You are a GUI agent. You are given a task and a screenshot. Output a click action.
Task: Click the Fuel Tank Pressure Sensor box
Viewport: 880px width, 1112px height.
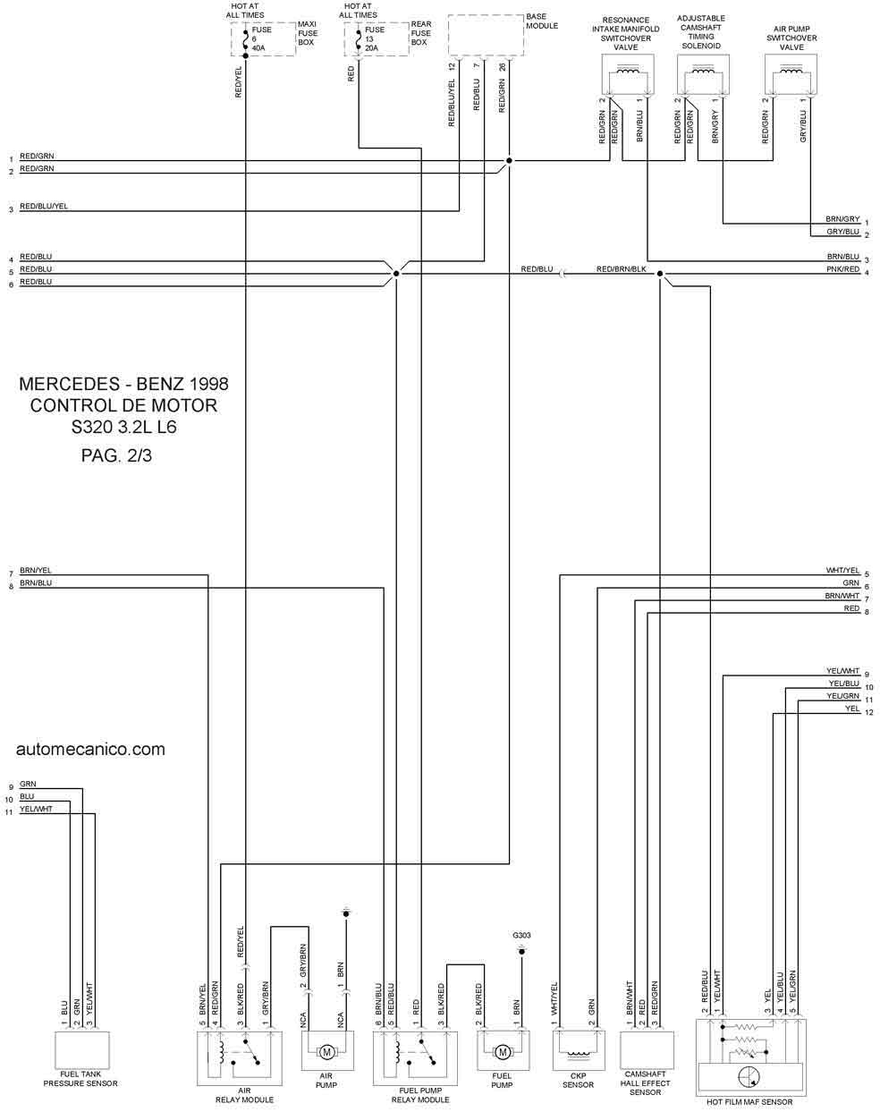pyautogui.click(x=81, y=1050)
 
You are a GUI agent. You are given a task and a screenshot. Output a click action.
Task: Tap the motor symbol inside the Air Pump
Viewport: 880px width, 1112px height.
pyautogui.click(x=326, y=1051)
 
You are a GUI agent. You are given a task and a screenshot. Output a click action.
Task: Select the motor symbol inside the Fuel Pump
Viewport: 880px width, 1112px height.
pyautogui.click(x=503, y=1051)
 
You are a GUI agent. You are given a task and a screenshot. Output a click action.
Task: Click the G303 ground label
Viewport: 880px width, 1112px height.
pyautogui.click(x=521, y=935)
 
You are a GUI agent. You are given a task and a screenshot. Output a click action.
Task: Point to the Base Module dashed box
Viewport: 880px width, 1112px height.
pyautogui.click(x=486, y=35)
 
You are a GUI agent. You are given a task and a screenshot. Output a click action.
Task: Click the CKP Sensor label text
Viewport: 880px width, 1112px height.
pyautogui.click(x=578, y=1080)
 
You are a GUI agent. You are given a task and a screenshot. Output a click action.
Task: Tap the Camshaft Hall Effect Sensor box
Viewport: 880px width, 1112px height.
pyautogui.click(x=647, y=1050)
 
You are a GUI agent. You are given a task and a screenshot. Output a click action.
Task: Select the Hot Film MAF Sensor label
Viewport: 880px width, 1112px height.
pyautogui.click(x=749, y=1101)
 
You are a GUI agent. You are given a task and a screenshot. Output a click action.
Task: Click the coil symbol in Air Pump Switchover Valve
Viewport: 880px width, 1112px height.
pyautogui.click(x=791, y=71)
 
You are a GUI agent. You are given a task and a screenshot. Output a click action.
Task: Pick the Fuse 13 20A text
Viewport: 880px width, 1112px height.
pyautogui.click(x=374, y=38)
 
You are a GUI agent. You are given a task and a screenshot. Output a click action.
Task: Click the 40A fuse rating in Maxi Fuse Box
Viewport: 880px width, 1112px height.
pyautogui.click(x=258, y=48)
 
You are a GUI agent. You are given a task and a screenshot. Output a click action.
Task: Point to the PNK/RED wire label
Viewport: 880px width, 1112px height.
pyautogui.click(x=842, y=268)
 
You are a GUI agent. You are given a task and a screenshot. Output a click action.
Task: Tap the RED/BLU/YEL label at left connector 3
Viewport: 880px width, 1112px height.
pyautogui.click(x=44, y=206)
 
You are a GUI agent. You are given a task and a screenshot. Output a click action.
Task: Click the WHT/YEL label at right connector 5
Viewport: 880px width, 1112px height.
pyautogui.click(x=842, y=570)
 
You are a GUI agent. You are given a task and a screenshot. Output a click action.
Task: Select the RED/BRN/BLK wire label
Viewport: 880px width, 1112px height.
pyautogui.click(x=622, y=268)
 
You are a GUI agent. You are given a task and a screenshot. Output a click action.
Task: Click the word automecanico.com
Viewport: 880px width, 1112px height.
pyautogui.click(x=90, y=750)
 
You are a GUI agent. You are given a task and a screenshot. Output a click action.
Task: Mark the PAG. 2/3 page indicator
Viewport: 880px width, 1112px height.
pyautogui.click(x=116, y=455)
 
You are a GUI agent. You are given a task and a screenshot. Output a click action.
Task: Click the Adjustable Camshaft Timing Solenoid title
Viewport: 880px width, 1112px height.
pyautogui.click(x=701, y=32)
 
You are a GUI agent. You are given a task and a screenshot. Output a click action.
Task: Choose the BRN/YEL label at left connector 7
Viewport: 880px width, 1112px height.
pyautogui.click(x=36, y=570)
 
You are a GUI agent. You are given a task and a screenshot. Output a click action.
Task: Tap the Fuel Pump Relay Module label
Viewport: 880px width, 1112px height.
pyautogui.click(x=420, y=1095)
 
